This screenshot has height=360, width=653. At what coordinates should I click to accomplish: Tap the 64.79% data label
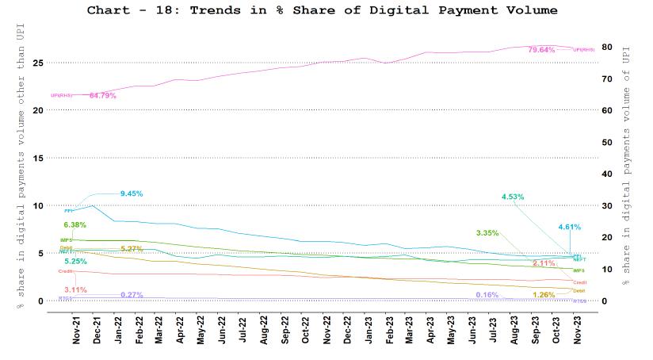(x=103, y=95)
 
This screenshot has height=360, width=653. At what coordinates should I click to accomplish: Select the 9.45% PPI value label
(x=132, y=193)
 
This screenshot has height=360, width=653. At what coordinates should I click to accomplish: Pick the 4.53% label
(x=515, y=197)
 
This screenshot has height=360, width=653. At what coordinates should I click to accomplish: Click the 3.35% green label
(x=488, y=233)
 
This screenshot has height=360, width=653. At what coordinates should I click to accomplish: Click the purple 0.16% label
(x=487, y=295)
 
